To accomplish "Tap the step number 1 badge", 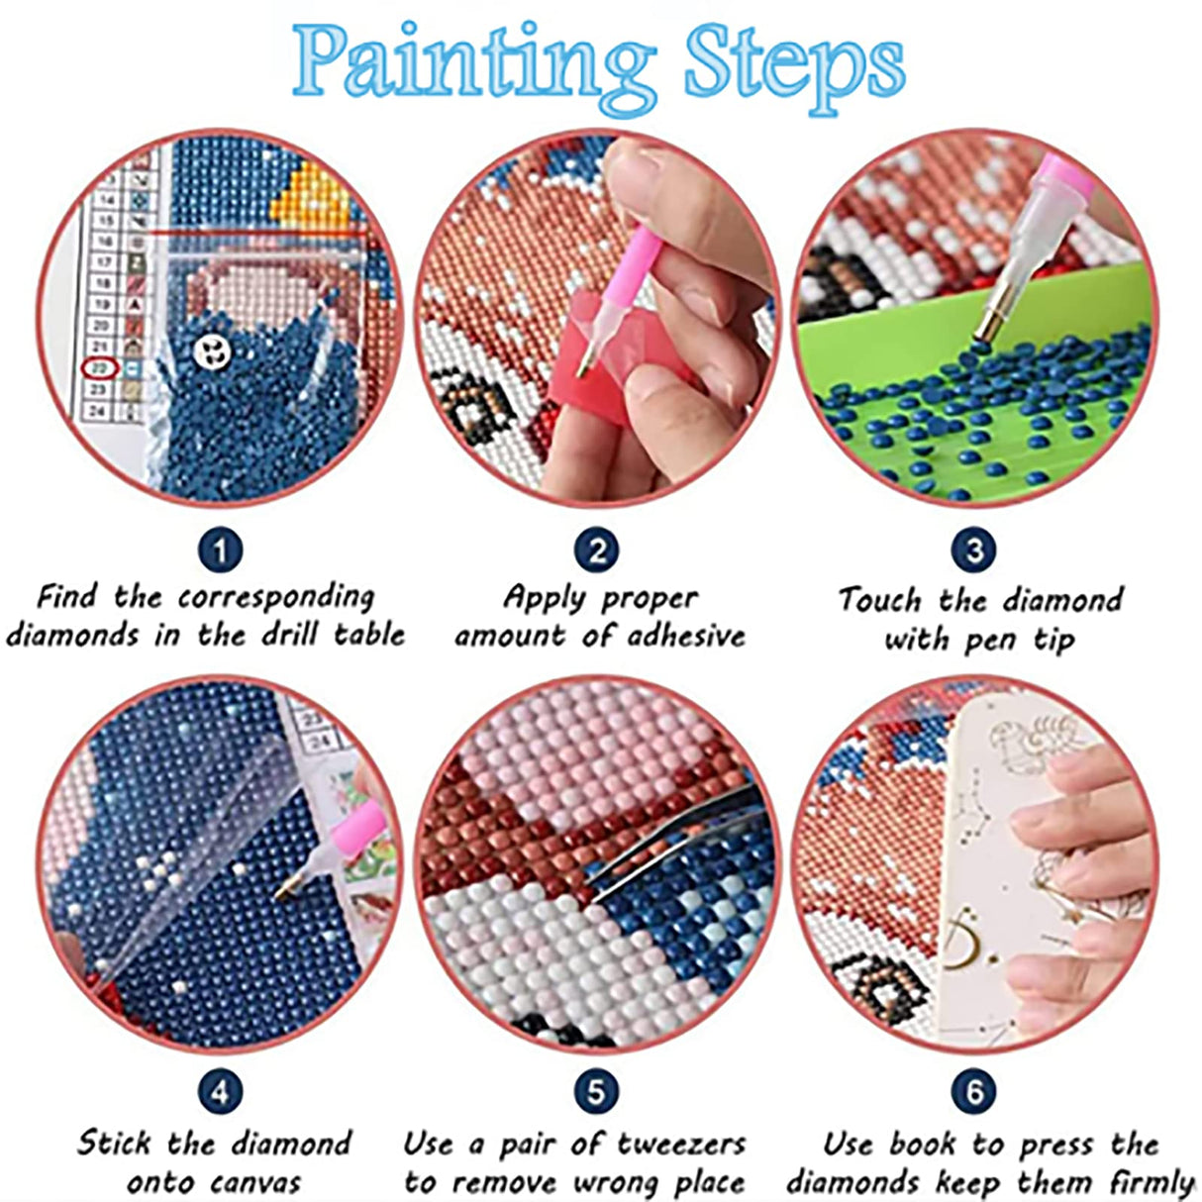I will [220, 550].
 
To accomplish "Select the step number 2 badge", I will [597, 550].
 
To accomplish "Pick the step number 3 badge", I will [974, 550].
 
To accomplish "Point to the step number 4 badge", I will [220, 1092].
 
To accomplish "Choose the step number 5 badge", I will [597, 1092].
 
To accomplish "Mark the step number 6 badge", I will [974, 1092].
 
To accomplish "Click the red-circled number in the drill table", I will [99, 368].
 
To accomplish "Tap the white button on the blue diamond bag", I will [211, 349].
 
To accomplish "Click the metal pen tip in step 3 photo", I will [990, 322].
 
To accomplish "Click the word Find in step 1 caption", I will [67, 597].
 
